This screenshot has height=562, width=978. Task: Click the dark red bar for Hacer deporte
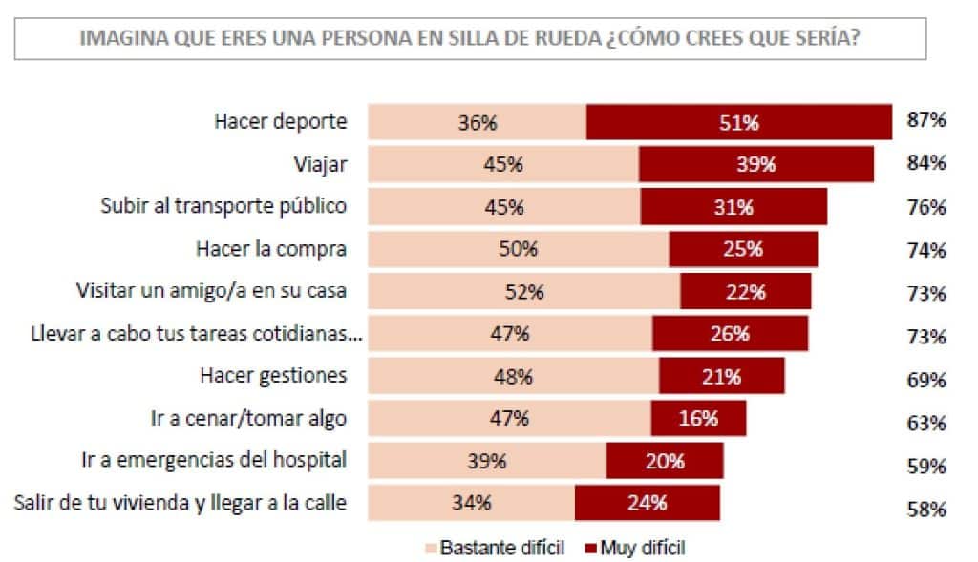coord(738,122)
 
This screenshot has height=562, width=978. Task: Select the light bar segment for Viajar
coord(503,164)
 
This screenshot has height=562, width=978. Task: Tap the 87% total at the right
coord(926,120)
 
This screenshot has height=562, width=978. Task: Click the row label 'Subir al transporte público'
coord(223,206)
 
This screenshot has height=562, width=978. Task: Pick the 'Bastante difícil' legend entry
coord(494,548)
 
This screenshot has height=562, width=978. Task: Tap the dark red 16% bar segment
coord(698,417)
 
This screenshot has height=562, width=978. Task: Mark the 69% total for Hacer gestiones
coord(926,380)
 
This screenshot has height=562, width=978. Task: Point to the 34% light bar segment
coord(472,502)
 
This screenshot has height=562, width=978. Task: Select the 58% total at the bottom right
coord(926,509)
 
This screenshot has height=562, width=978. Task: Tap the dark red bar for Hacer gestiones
coord(721,376)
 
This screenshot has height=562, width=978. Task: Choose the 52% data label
coord(523,292)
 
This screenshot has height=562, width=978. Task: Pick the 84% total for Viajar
coord(926,163)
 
